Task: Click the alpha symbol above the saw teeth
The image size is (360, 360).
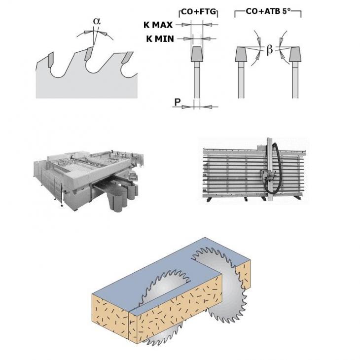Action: click(97, 21)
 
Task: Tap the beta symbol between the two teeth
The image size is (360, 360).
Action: click(270, 49)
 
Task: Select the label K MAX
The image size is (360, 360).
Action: click(158, 25)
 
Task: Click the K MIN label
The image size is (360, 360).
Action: click(160, 39)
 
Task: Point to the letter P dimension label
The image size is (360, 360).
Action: click(177, 102)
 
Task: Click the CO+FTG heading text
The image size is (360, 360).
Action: click(199, 12)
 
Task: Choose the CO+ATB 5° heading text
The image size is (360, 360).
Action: click(267, 11)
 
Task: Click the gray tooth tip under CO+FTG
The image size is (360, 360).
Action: click(197, 54)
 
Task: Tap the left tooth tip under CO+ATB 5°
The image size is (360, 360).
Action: click(241, 54)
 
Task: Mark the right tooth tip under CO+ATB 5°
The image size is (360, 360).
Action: click(295, 54)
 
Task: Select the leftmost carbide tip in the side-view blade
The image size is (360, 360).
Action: click(51, 60)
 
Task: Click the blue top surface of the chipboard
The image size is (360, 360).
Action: click(170, 276)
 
